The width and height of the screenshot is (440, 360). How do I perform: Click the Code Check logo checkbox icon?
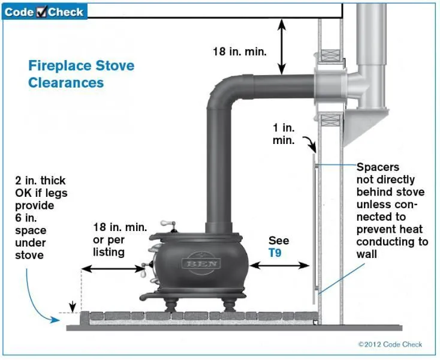coord(41,11)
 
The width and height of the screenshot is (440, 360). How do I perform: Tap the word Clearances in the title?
coord(66,83)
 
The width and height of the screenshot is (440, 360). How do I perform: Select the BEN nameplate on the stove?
coord(201,263)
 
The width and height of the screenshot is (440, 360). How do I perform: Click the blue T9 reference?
coord(275,253)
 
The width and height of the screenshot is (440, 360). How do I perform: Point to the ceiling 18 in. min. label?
coord(239,52)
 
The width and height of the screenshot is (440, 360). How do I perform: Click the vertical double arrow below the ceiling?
coord(282,47)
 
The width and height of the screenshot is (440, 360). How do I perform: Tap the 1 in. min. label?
coord(284,134)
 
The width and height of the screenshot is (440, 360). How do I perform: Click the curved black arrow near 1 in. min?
coord(310,144)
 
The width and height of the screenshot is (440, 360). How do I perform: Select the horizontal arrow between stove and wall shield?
coord(279,265)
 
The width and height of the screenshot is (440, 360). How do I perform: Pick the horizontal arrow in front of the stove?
coord(113,269)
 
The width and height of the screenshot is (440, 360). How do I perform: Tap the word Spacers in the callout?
coord(378,167)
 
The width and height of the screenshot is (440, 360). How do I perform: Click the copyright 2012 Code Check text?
coord(390,344)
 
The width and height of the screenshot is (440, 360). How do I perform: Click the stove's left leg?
coord(171,305)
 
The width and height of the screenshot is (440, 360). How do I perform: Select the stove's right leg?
coord(229,305)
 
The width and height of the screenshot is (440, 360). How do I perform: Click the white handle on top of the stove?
coord(168,224)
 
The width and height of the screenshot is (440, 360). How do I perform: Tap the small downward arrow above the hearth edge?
coord(73,307)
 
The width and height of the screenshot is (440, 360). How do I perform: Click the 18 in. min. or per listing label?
coord(120,240)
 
